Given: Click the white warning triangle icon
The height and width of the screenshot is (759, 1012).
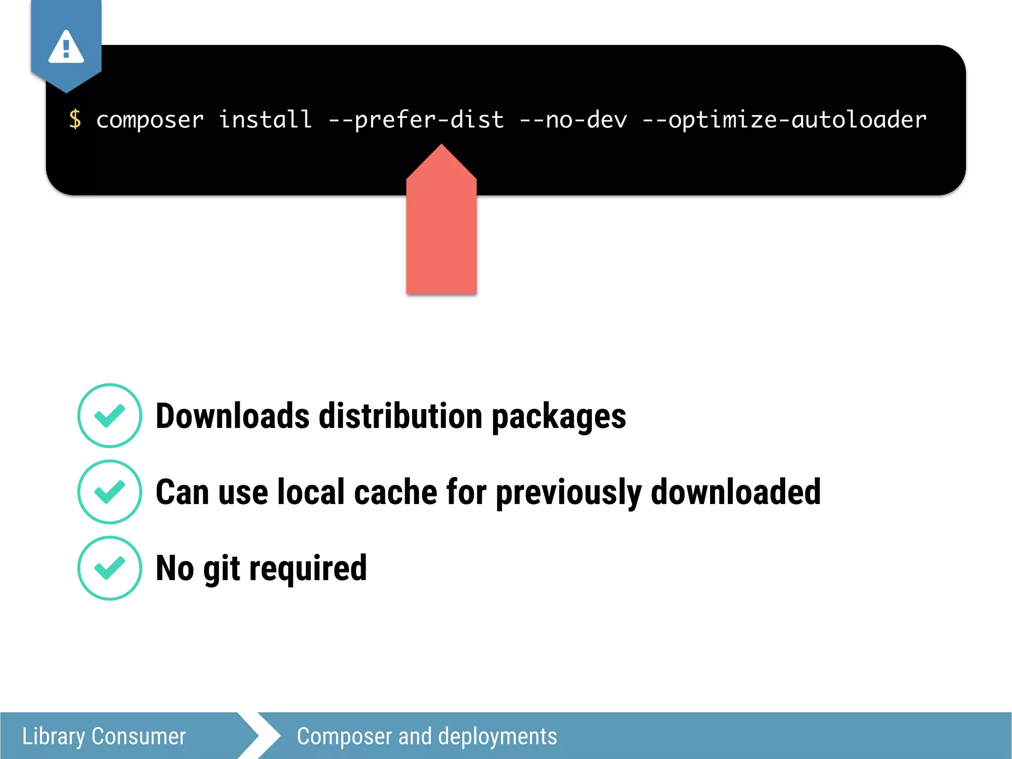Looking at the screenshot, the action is (66, 48).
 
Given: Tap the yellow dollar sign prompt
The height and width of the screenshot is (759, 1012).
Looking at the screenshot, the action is (75, 119).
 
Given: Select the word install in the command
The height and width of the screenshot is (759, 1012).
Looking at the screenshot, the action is (265, 119).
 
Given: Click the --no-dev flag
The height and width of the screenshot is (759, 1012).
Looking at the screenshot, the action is (573, 120).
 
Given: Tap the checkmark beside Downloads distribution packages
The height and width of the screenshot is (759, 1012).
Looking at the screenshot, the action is (110, 416).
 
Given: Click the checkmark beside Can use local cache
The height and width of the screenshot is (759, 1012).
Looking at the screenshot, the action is (110, 492).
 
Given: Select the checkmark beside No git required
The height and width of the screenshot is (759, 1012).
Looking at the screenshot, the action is (110, 568).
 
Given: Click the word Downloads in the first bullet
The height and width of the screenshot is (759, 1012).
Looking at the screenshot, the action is (233, 416).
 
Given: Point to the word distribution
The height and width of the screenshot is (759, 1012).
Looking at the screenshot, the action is (400, 416).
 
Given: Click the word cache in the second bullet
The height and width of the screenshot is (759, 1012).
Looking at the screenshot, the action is (395, 492).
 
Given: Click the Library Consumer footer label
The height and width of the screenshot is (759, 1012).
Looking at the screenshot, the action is (104, 736).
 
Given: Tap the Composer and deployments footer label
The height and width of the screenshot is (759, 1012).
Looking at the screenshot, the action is (427, 736).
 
